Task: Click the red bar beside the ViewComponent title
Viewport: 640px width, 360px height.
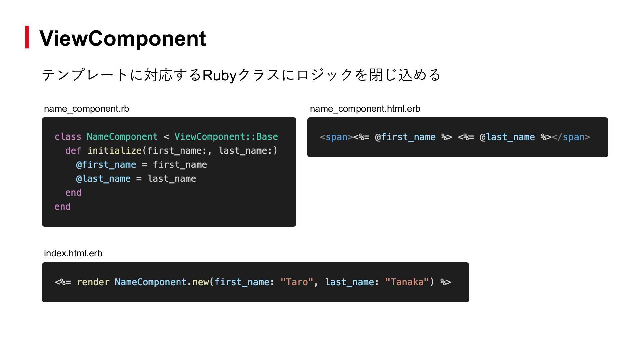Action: tap(27, 37)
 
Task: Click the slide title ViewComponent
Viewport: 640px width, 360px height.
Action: tap(122, 38)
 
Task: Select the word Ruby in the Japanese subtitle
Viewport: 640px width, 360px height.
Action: tap(219, 75)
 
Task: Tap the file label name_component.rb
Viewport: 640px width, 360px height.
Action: tap(86, 109)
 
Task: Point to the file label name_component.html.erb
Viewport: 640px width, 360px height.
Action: tap(365, 109)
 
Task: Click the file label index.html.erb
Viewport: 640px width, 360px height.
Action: tap(73, 253)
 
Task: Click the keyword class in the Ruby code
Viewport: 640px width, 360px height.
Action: tap(68, 137)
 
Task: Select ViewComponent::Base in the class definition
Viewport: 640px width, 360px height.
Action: tap(226, 137)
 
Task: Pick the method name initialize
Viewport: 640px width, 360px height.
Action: tap(114, 151)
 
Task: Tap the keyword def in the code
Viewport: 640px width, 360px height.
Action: tap(73, 151)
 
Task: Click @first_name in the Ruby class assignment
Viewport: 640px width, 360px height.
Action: tap(106, 165)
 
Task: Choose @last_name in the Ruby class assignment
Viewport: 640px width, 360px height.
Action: tap(103, 179)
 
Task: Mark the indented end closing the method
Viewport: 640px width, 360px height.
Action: tap(73, 193)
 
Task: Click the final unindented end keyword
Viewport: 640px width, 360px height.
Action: tap(62, 207)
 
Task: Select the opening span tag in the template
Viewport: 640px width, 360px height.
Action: tap(336, 137)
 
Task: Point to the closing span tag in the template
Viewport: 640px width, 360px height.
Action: tap(571, 137)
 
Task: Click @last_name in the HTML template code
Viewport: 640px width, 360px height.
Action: tap(507, 137)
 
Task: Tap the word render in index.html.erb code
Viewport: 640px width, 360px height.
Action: tap(93, 282)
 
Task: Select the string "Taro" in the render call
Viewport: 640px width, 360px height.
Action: tap(296, 282)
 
